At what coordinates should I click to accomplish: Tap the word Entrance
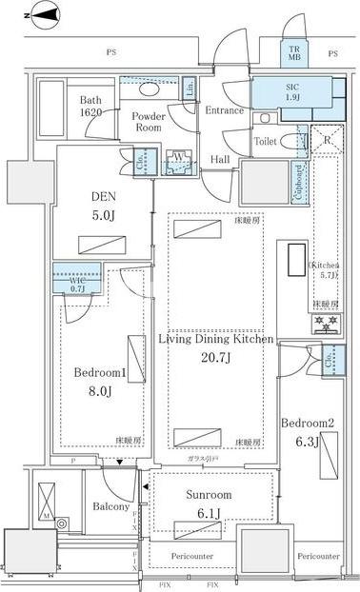click(224, 111)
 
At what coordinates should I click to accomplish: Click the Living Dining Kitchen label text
click(216, 339)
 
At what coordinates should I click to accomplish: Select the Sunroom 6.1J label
click(204, 504)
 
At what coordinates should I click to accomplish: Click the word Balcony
click(110, 506)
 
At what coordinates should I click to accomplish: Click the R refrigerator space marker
click(329, 138)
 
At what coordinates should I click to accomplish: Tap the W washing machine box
click(178, 160)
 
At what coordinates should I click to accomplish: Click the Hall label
click(220, 160)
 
